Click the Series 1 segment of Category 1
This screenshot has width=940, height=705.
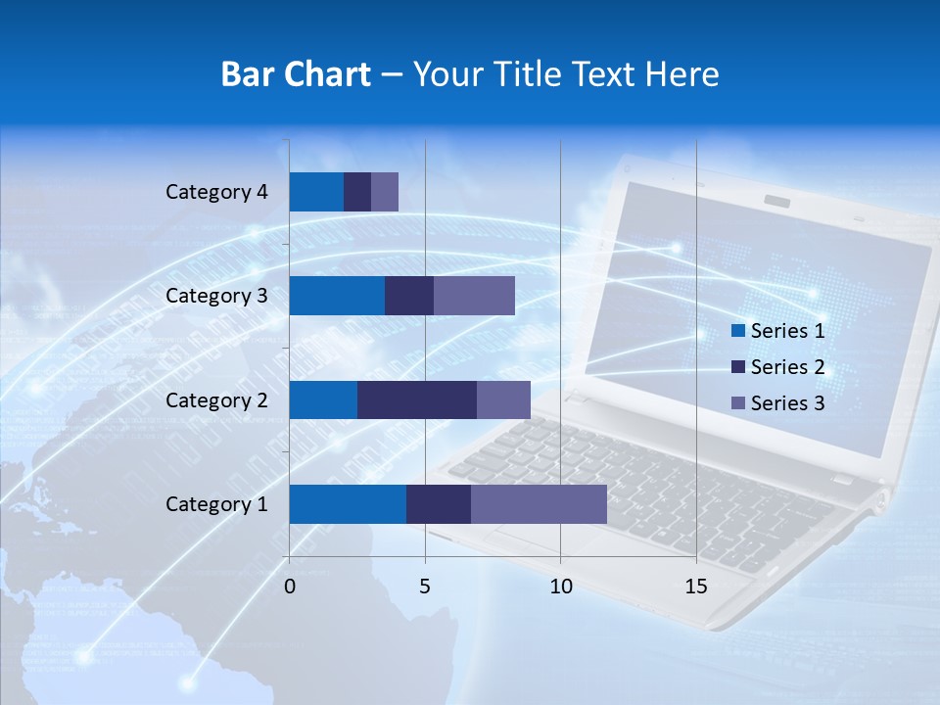[x=348, y=503]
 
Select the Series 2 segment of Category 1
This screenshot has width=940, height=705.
[x=439, y=503]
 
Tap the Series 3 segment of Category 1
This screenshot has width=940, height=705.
[x=539, y=503]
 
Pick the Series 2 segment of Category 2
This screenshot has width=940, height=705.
[x=417, y=399]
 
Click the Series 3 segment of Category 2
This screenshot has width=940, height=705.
[x=503, y=399]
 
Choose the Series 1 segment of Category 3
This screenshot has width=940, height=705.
[x=337, y=296]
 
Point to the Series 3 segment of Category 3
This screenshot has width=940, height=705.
[x=474, y=296]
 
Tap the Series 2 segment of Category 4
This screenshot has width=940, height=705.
[x=357, y=192]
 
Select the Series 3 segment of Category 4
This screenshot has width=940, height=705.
[x=385, y=192]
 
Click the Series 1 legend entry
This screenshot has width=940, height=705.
[x=777, y=331]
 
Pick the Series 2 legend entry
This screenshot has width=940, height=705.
[x=777, y=367]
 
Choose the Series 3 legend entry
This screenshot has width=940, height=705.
[x=777, y=403]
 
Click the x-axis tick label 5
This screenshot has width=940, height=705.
[x=425, y=587]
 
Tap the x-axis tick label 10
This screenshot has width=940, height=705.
[x=560, y=587]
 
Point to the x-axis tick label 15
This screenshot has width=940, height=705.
[x=696, y=587]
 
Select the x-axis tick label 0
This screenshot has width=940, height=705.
[x=290, y=587]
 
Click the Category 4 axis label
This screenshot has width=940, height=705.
[x=216, y=192]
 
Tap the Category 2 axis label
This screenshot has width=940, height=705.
[x=216, y=399]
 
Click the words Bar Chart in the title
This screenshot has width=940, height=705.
[x=296, y=74]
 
